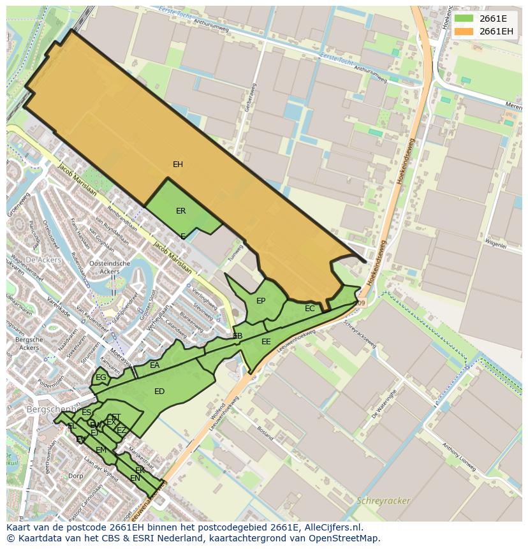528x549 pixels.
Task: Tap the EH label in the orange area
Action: coord(178,165)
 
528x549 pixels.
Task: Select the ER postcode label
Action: coord(181,211)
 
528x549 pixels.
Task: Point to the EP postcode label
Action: coord(261,301)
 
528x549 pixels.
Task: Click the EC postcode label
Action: coord(310,309)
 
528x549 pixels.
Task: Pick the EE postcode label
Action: coord(266,342)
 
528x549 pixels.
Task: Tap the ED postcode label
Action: coord(159,392)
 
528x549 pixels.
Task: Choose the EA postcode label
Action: coord(155,365)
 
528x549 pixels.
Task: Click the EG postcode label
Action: coord(101,377)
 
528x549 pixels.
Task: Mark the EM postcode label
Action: coord(101,450)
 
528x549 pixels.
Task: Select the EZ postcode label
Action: coord(121,430)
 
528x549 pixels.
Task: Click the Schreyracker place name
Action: coord(384,501)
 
